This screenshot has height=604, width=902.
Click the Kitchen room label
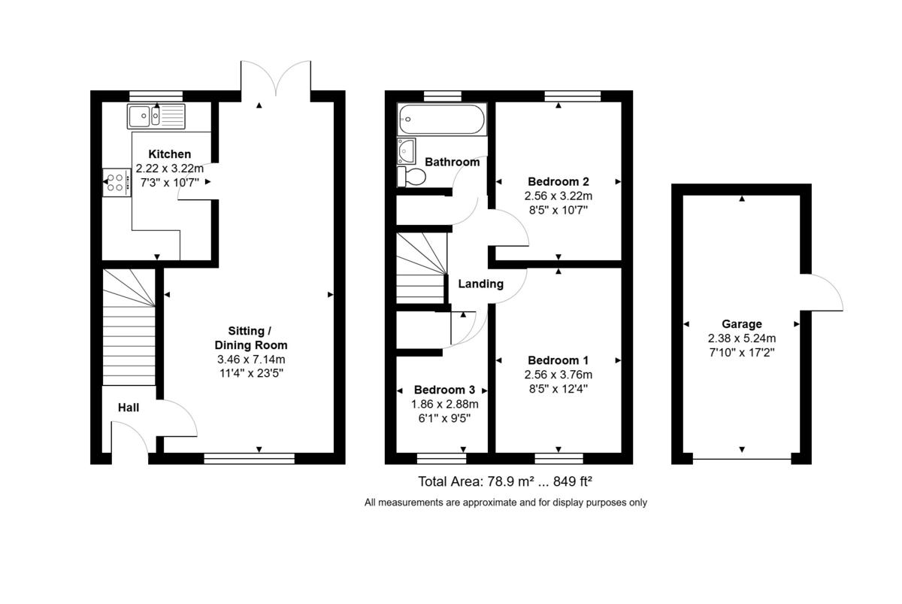169,154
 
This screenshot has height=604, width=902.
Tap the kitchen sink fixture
156,117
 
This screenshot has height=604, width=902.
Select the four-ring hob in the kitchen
116,182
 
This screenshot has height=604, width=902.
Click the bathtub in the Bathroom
442,119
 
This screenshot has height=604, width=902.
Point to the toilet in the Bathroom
412,177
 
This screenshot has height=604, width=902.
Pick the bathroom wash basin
407,150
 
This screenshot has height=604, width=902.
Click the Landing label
480,284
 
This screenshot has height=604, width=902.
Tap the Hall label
129,407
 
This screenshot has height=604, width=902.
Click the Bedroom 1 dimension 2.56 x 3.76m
558,375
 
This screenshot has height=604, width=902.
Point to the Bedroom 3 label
444,390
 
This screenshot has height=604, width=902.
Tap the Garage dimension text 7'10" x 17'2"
743,352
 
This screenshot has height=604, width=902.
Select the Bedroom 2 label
558,182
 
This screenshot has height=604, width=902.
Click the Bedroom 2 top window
572,96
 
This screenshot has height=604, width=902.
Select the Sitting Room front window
249,457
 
